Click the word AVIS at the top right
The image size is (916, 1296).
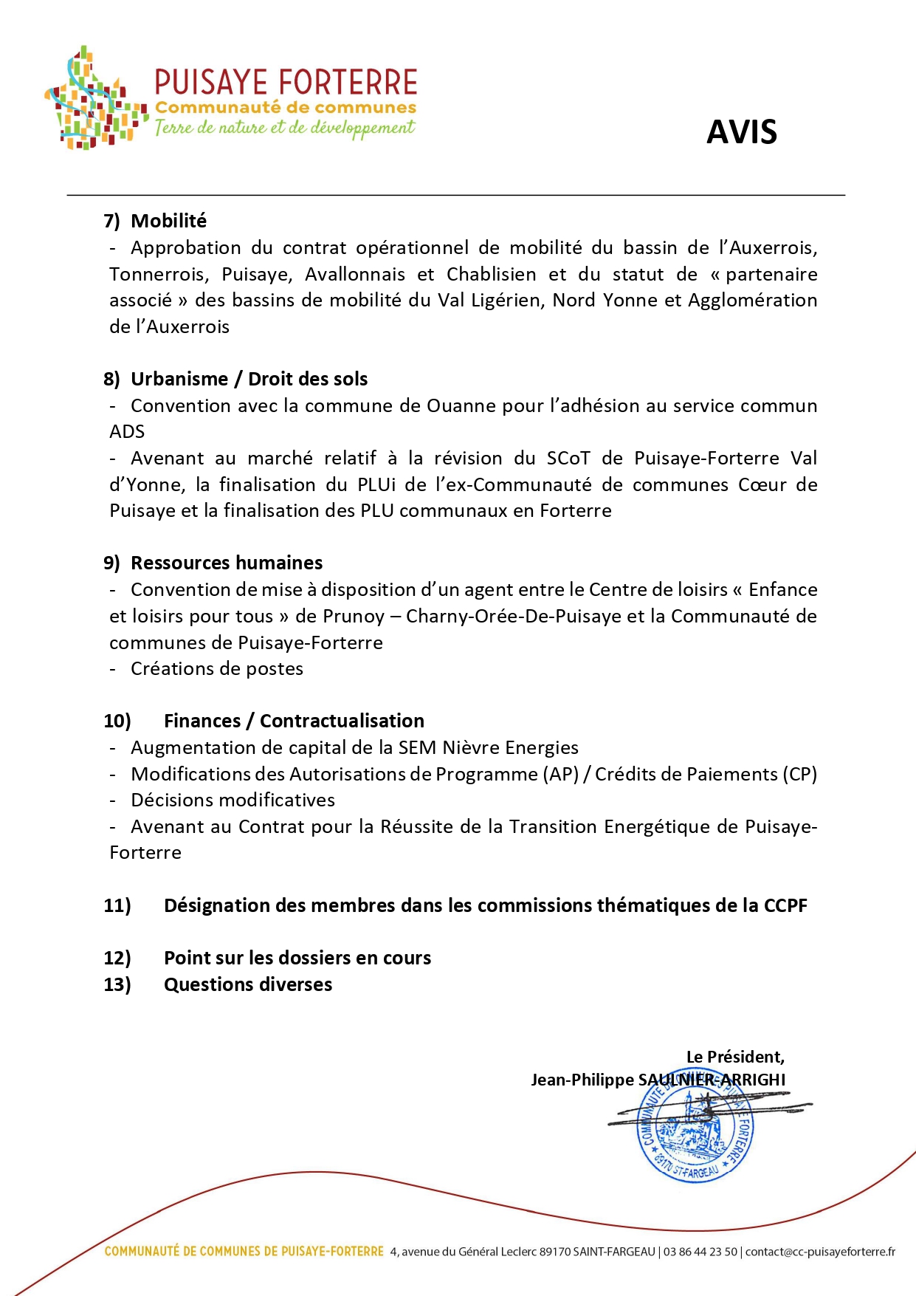point(741,132)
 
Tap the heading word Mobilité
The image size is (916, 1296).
point(168,221)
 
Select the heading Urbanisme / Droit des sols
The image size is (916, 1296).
point(249,379)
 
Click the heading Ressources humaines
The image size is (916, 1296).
point(227,563)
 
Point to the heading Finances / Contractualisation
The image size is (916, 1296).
point(294,721)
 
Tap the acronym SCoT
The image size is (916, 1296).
point(568,458)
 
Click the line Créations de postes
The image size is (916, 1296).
point(217,668)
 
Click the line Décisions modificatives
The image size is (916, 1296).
point(233,800)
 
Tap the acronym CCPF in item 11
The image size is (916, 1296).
point(785,905)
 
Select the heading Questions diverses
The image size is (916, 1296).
point(248,984)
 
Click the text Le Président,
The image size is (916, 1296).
point(735,1057)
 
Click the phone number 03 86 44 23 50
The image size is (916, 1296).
point(700,1252)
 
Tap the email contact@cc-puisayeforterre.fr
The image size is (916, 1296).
point(820,1252)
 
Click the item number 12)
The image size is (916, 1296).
point(117,958)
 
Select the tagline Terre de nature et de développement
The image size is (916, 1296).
point(284,128)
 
